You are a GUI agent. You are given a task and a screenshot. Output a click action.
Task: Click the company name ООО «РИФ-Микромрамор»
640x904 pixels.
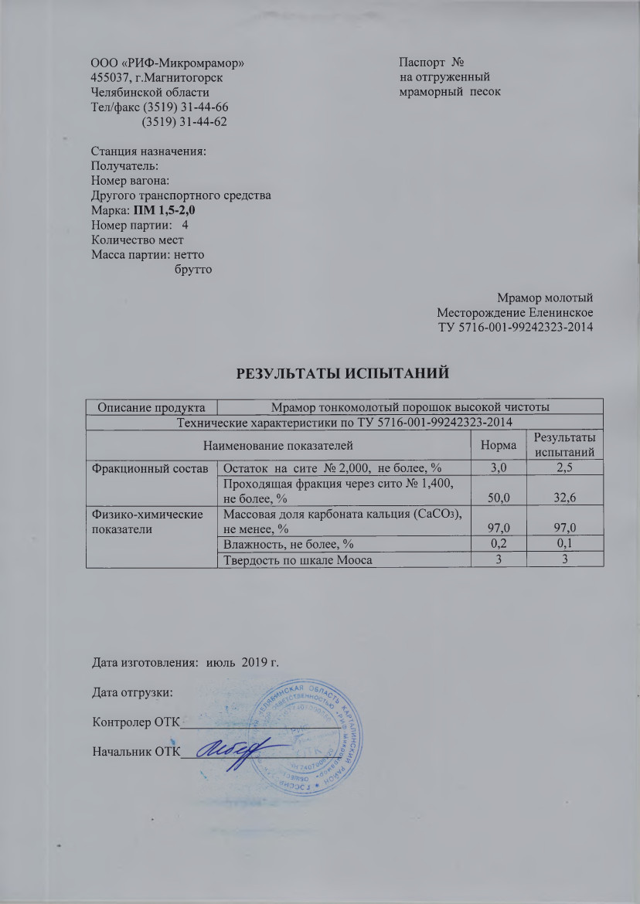tap(171, 62)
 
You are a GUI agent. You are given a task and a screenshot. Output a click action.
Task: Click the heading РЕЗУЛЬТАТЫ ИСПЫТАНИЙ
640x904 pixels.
tap(343, 374)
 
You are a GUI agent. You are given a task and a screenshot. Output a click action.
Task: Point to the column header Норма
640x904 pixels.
tap(499, 445)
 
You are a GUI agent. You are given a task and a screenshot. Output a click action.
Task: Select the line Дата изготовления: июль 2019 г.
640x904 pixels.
tap(184, 661)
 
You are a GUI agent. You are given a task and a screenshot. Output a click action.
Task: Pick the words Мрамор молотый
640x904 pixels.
tap(545, 297)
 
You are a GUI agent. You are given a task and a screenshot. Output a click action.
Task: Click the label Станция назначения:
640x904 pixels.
tap(149, 151)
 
